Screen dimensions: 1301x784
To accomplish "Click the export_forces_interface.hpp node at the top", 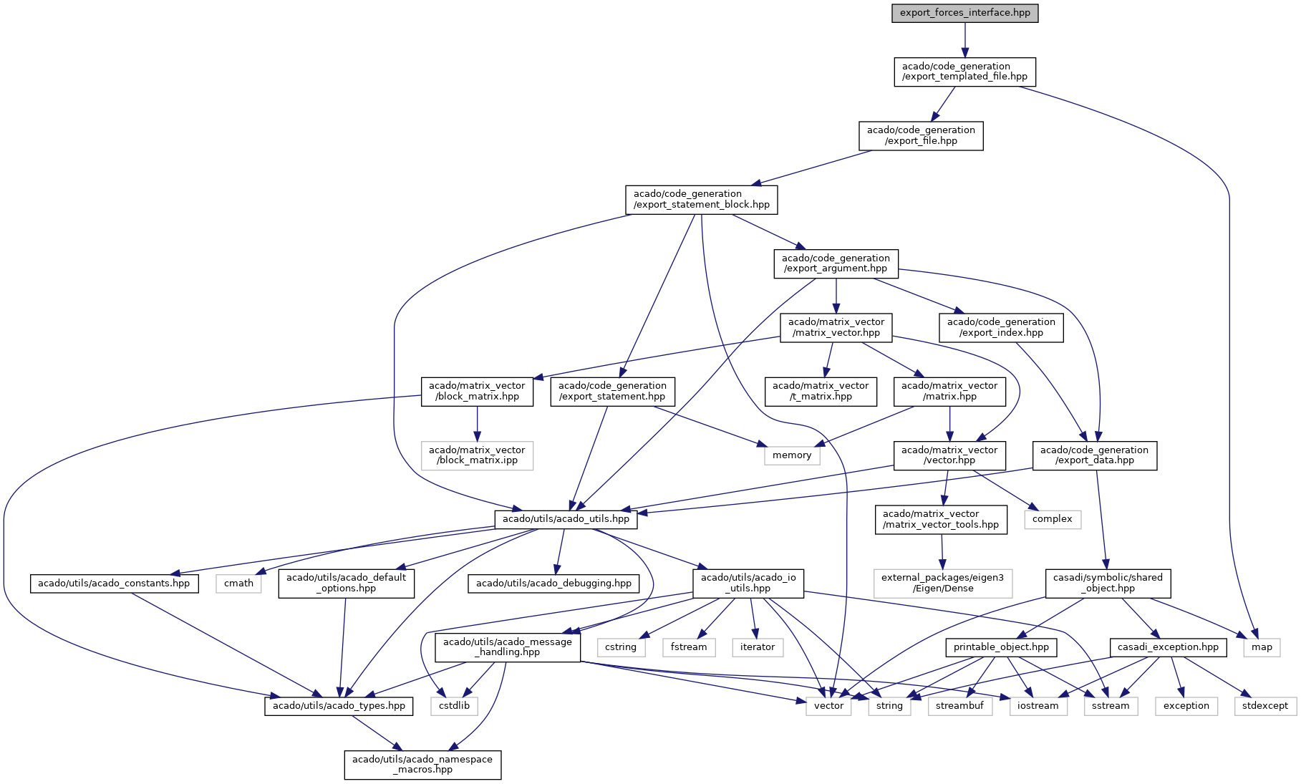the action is pos(964,13).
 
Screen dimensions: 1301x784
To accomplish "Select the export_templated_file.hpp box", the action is pos(964,72).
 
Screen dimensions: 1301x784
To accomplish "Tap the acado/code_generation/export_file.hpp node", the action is pos(921,135).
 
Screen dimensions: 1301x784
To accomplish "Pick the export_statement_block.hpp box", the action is pos(702,199).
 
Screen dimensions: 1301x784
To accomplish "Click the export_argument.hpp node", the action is pos(836,263).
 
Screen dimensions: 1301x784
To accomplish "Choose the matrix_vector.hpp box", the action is pos(836,327).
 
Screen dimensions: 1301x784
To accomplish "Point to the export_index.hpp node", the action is pos(1001,327).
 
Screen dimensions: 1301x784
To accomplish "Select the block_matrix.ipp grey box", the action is pos(477,455).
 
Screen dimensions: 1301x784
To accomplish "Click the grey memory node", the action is pos(792,455).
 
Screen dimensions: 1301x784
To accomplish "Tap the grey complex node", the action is pos(1053,519).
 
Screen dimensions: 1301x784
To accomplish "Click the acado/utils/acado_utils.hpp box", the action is pos(566,519).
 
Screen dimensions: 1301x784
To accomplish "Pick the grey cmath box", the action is pos(238,584).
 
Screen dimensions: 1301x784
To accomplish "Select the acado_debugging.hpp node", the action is pos(553,584).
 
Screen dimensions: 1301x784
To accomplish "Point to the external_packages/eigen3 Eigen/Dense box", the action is pos(942,583).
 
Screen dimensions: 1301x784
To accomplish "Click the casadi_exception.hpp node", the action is pos(1168,647).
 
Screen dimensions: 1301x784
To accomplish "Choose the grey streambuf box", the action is pos(960,706).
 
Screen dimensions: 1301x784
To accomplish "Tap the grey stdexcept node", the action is pos(1265,706).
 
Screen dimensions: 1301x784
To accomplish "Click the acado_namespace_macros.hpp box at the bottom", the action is pos(422,765).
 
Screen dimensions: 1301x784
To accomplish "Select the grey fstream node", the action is pos(689,647).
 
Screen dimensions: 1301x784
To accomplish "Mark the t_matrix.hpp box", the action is pos(821,391).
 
